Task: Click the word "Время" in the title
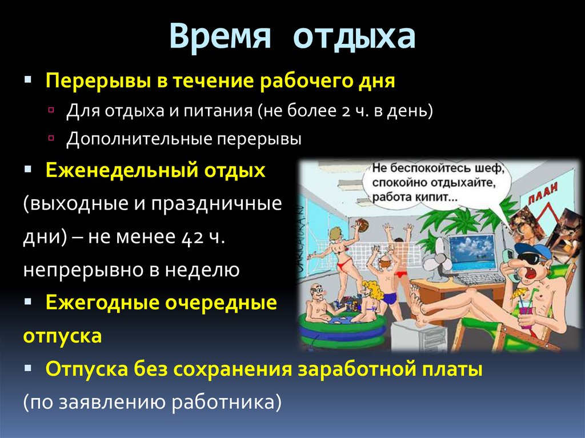point(220,35)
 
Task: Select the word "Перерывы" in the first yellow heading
point(98,81)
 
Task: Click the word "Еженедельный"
point(121,171)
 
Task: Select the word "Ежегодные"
point(102,303)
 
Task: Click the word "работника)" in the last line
point(226,403)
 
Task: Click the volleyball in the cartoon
point(361,226)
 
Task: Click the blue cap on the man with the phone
point(532,250)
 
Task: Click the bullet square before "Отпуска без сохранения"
point(28,368)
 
